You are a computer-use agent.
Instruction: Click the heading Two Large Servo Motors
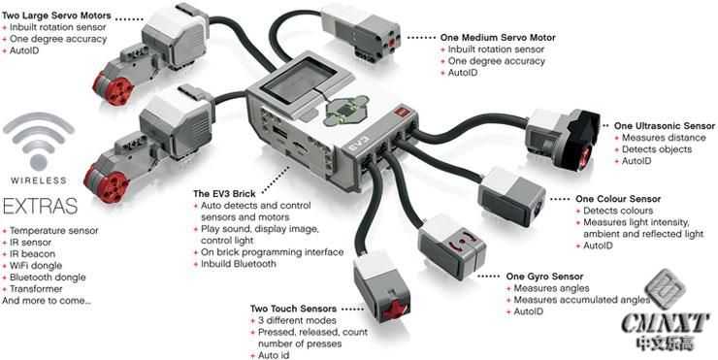[57, 16]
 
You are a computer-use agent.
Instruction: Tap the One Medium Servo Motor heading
[498, 38]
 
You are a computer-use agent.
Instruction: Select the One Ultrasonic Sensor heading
[665, 125]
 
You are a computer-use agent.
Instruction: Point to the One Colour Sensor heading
[618, 199]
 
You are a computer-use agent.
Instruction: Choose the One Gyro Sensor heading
[545, 277]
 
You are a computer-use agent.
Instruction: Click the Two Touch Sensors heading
[293, 309]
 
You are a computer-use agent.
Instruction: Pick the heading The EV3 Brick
[224, 194]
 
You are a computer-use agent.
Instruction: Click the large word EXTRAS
[40, 207]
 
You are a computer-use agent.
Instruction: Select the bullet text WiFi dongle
[36, 266]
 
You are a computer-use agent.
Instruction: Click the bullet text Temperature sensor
[54, 231]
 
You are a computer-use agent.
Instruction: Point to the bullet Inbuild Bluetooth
[239, 264]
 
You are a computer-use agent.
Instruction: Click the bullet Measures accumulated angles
[582, 300]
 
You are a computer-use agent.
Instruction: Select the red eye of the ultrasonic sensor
[584, 155]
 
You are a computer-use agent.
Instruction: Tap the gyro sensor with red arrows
[452, 246]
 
